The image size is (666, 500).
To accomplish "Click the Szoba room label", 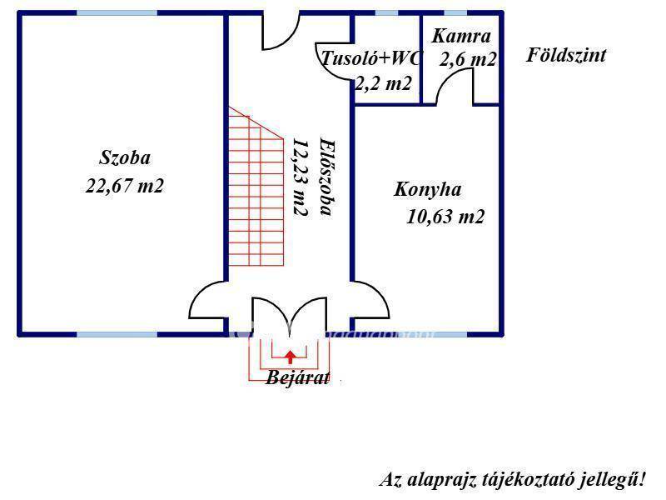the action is tap(125, 157).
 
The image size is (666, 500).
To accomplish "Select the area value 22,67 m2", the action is tap(124, 186).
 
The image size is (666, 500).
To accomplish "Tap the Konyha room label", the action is tap(427, 190).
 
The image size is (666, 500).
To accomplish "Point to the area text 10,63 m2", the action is tap(445, 217).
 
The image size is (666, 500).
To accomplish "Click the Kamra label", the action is tap(461, 36).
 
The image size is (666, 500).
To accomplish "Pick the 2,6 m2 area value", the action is tap(468, 59).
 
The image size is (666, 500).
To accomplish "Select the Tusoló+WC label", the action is tap(371, 57).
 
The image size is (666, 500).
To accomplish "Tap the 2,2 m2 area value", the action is tap(384, 83).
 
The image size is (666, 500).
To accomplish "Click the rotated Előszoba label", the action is tap(327, 177).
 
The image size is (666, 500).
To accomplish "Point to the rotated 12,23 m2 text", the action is tap(300, 177).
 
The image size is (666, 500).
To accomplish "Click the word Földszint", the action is tap(566, 55).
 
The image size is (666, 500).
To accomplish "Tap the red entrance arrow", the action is tap(290, 357).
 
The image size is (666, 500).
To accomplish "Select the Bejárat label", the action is tap(297, 377).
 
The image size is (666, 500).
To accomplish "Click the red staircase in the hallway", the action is tap(256, 186).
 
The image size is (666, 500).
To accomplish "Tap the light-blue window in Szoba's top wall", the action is tap(117, 13).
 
